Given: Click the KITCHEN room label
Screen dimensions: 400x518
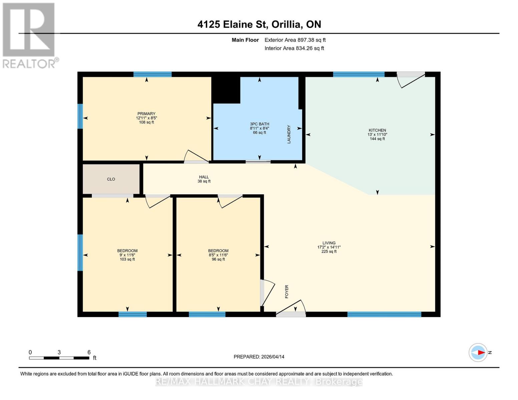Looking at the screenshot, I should point(377,130).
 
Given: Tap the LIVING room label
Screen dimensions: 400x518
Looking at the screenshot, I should point(329,243).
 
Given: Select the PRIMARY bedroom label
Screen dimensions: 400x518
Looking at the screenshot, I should point(146,114).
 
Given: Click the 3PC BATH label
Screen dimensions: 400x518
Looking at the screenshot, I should point(260,124).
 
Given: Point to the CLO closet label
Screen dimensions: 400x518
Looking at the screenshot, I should point(111,179).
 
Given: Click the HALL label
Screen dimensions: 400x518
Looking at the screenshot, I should point(204,177).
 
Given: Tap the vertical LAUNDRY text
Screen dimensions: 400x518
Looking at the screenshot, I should point(289,134).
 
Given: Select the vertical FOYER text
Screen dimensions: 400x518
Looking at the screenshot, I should point(287,291).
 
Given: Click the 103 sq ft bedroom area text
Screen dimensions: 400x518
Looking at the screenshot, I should point(127,259).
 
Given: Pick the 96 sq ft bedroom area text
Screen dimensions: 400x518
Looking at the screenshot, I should point(218,259).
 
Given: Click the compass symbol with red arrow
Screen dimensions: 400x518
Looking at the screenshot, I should point(479,352).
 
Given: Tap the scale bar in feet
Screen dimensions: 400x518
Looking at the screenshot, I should point(59,358).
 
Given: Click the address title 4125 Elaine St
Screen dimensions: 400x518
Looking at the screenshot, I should point(259,24).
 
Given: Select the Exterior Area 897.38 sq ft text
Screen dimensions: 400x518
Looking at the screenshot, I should point(295,40).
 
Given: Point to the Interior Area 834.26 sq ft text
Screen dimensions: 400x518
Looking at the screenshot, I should point(294,48).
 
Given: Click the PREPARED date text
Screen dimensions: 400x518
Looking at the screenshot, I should point(259,357).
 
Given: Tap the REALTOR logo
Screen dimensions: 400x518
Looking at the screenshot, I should point(29,35).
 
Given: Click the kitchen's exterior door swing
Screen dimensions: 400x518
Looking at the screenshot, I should point(411,80).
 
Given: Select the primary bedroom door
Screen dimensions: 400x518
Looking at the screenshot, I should point(196,157).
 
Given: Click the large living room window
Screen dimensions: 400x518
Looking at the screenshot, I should point(384,314).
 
